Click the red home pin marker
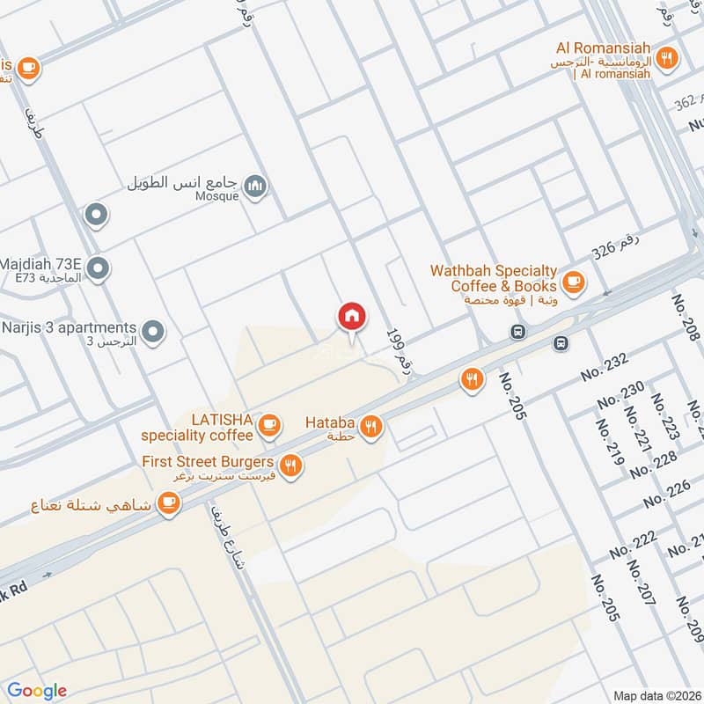pos(352,316)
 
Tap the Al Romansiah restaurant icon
pos(667,59)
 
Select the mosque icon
pos(256,186)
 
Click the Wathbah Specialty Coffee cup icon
pos(574,282)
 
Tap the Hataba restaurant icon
pos(371,427)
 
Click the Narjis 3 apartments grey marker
pos(153,332)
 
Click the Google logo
pos(37,691)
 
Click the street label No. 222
pos(634,546)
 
